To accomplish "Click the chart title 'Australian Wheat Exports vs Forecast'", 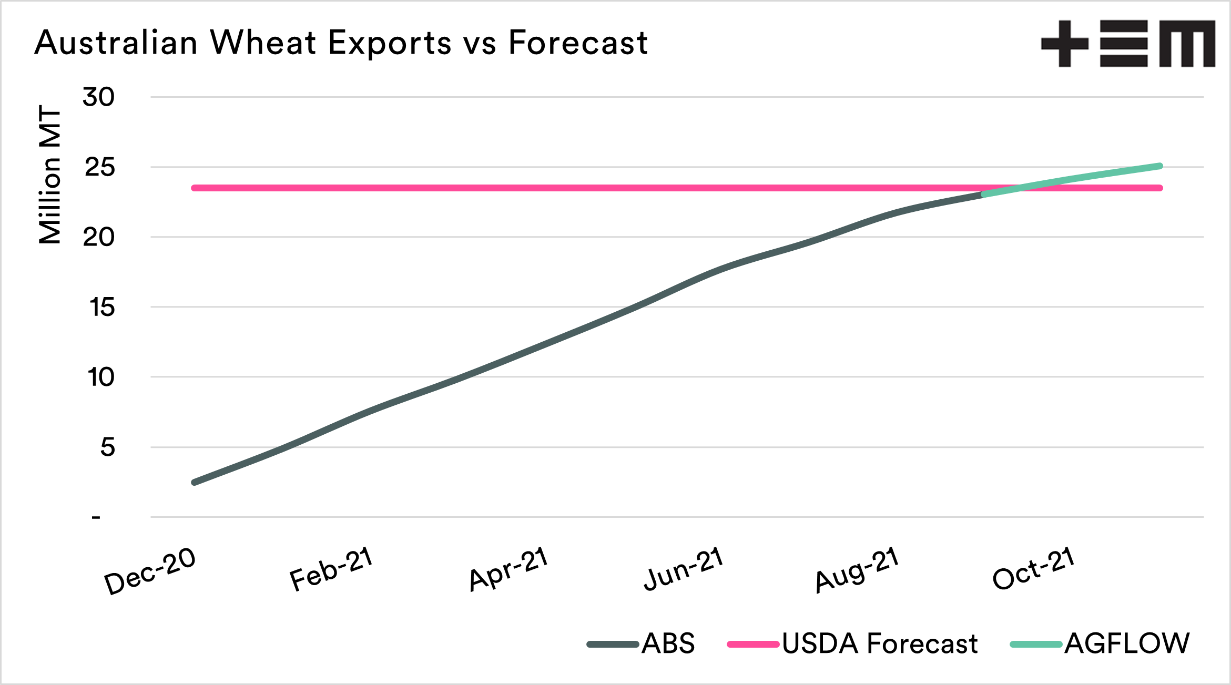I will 341,42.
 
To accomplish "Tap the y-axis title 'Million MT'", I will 50,175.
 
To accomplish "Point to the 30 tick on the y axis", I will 98,97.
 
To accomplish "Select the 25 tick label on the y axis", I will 99,168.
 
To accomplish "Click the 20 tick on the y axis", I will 98,238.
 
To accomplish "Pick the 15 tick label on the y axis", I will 101,308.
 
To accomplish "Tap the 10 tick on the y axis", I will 100,377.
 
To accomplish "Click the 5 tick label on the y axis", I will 107,447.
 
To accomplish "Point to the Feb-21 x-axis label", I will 331,568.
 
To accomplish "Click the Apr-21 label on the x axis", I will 509,568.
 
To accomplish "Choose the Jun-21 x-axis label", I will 684,568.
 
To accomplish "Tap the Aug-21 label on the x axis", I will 857,569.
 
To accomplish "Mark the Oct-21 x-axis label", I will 1034,568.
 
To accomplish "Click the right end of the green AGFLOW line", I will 1160,167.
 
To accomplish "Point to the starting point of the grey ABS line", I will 195,482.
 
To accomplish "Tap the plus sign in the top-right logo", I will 1064,44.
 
